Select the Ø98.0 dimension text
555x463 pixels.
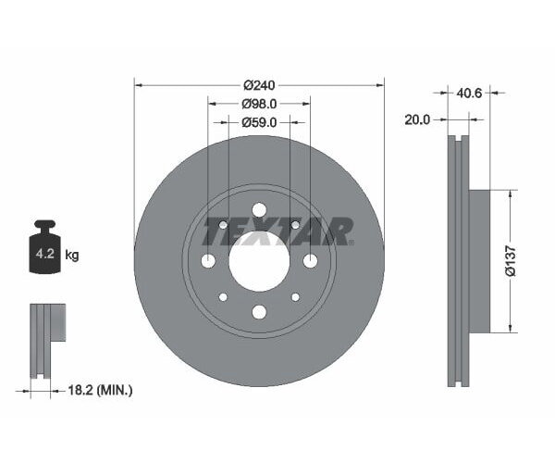coord(259,104)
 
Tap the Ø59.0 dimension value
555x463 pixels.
coord(259,122)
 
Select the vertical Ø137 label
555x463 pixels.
coord(523,261)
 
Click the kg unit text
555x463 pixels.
coord(71,255)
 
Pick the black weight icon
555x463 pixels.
coord(44,247)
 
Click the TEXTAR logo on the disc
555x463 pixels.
coord(277,231)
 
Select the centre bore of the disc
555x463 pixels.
coord(259,260)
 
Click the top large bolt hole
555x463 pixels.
coord(259,209)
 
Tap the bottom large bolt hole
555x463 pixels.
coord(259,312)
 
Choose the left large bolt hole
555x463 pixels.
coord(208,260)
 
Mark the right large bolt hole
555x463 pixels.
coord(310,260)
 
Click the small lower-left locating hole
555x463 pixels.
coord(223,297)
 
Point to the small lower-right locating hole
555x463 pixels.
coord(295,297)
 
